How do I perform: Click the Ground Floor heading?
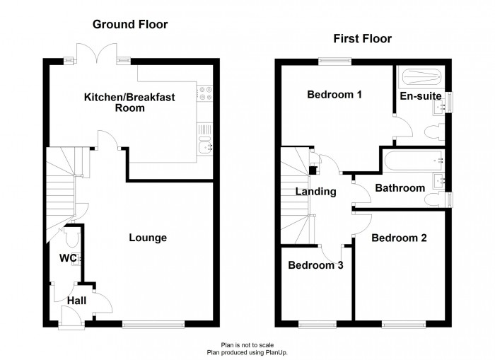coord(130,24)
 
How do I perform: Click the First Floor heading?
coord(362,38)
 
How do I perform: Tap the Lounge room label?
coord(148,238)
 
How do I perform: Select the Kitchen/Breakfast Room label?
coord(129,103)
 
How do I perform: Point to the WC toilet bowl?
coord(72,237)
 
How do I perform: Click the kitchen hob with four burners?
coord(205,93)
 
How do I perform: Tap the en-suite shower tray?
coord(421,76)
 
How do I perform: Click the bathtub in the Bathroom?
coord(414,161)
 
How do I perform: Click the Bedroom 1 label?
coord(334,95)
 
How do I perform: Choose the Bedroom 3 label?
coord(315,265)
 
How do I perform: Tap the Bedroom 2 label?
coord(399,238)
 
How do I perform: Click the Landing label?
coord(315,192)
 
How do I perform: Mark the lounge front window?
coord(153,324)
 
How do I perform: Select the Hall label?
coord(76,301)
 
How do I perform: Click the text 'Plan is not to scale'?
coord(248,345)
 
